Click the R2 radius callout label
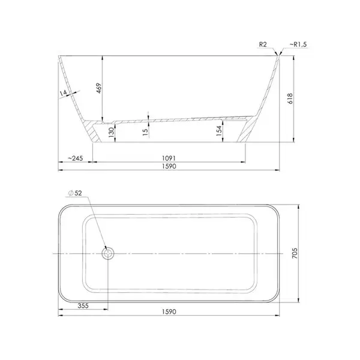pos(263,44)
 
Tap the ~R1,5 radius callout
pos(298,44)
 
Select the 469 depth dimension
pos(99,88)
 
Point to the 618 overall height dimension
pos(290,98)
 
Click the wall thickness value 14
pos(63,93)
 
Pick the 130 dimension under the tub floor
pos(112,132)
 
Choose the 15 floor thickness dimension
pos(145,132)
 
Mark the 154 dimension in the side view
pos(219,131)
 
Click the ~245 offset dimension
pos(76,158)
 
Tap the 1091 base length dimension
pos(169,158)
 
